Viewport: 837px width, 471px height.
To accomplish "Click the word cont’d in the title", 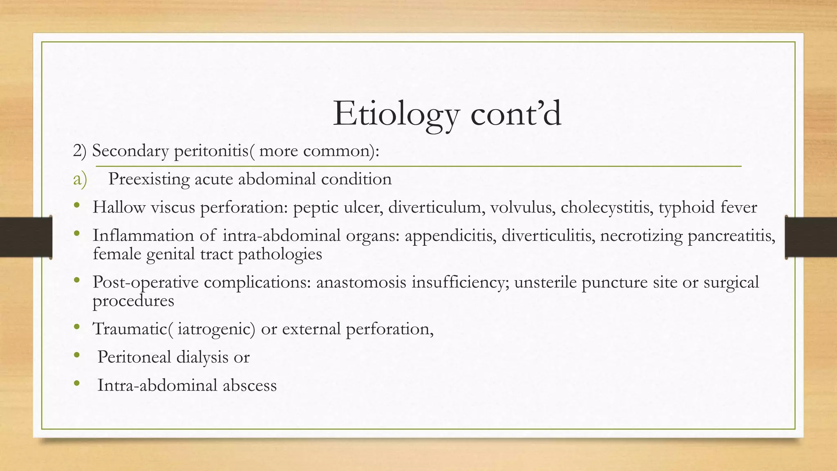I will point(516,114).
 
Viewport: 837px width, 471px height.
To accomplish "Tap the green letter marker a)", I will point(80,179).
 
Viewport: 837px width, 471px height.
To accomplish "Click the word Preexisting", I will point(149,179).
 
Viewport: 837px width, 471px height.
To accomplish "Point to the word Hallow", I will point(119,207).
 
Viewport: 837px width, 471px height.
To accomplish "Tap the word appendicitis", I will point(449,236).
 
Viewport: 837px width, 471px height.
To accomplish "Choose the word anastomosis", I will point(361,283).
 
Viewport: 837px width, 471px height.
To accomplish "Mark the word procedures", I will point(133,301).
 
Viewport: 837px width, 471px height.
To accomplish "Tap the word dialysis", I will point(202,357).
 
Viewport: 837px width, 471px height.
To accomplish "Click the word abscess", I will point(249,386).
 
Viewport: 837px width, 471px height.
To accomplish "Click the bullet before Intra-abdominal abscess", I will point(77,384).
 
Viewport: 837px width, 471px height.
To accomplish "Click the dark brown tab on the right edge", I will point(811,237).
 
